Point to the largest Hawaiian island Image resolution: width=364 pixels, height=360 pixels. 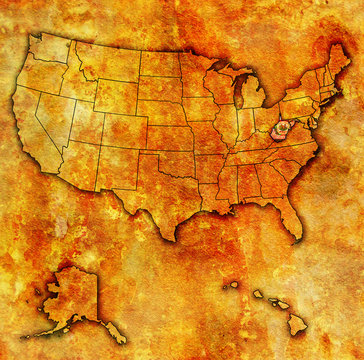pyautogui.click(x=297, y=324)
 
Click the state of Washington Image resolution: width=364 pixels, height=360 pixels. pyautogui.click(x=50, y=48)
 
